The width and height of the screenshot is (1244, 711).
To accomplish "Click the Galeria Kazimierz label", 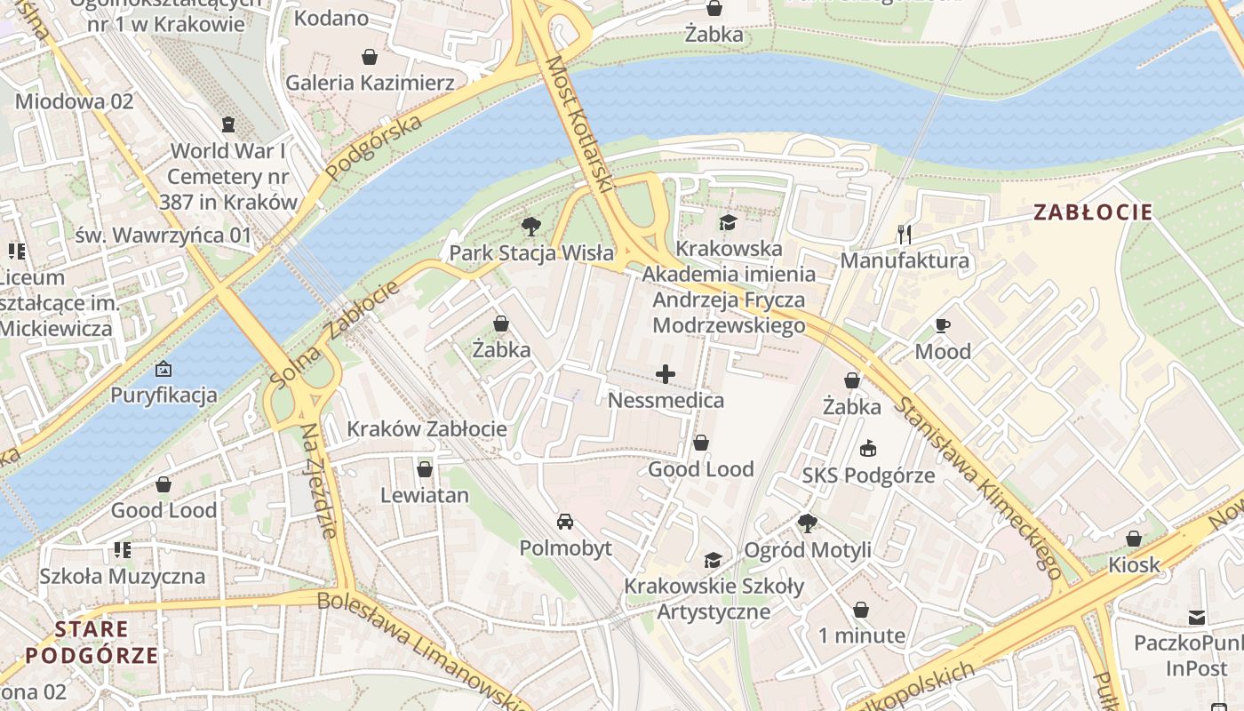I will pos(370,83).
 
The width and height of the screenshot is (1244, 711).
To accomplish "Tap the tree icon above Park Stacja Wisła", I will pos(531,227).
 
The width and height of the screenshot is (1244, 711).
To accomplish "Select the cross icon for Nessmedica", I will pos(666,374).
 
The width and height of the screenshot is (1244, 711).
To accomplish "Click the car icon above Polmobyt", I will pos(565,521).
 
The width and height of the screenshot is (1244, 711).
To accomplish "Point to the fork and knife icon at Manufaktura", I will pos(905,235).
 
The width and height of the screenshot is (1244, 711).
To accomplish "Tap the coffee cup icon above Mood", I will pos(943,325).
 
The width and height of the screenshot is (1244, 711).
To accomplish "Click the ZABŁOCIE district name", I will pos(1093,212).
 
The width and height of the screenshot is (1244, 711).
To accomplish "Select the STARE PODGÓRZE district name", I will pos(92,643).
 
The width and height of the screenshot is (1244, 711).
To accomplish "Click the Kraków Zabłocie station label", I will pos(427,428).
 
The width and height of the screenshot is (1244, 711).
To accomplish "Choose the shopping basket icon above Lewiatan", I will pos(425,468).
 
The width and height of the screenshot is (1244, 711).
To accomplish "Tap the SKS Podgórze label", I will pos(868,475).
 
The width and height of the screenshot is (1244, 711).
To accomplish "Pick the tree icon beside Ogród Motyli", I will pos(807,523).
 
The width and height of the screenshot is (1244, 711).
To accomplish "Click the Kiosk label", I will pos(1134,564).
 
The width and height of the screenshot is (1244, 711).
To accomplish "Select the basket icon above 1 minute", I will pos(860,610).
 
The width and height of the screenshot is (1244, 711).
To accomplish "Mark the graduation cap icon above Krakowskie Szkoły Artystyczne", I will pos(713,560).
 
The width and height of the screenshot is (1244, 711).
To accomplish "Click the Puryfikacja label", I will pos(163,395).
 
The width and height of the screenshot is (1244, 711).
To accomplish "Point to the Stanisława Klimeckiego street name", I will pos(978,488).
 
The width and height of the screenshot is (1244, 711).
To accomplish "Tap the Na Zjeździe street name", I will pos(319,480).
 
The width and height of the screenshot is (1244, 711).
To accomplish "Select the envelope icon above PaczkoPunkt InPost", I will pos(1197,617).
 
